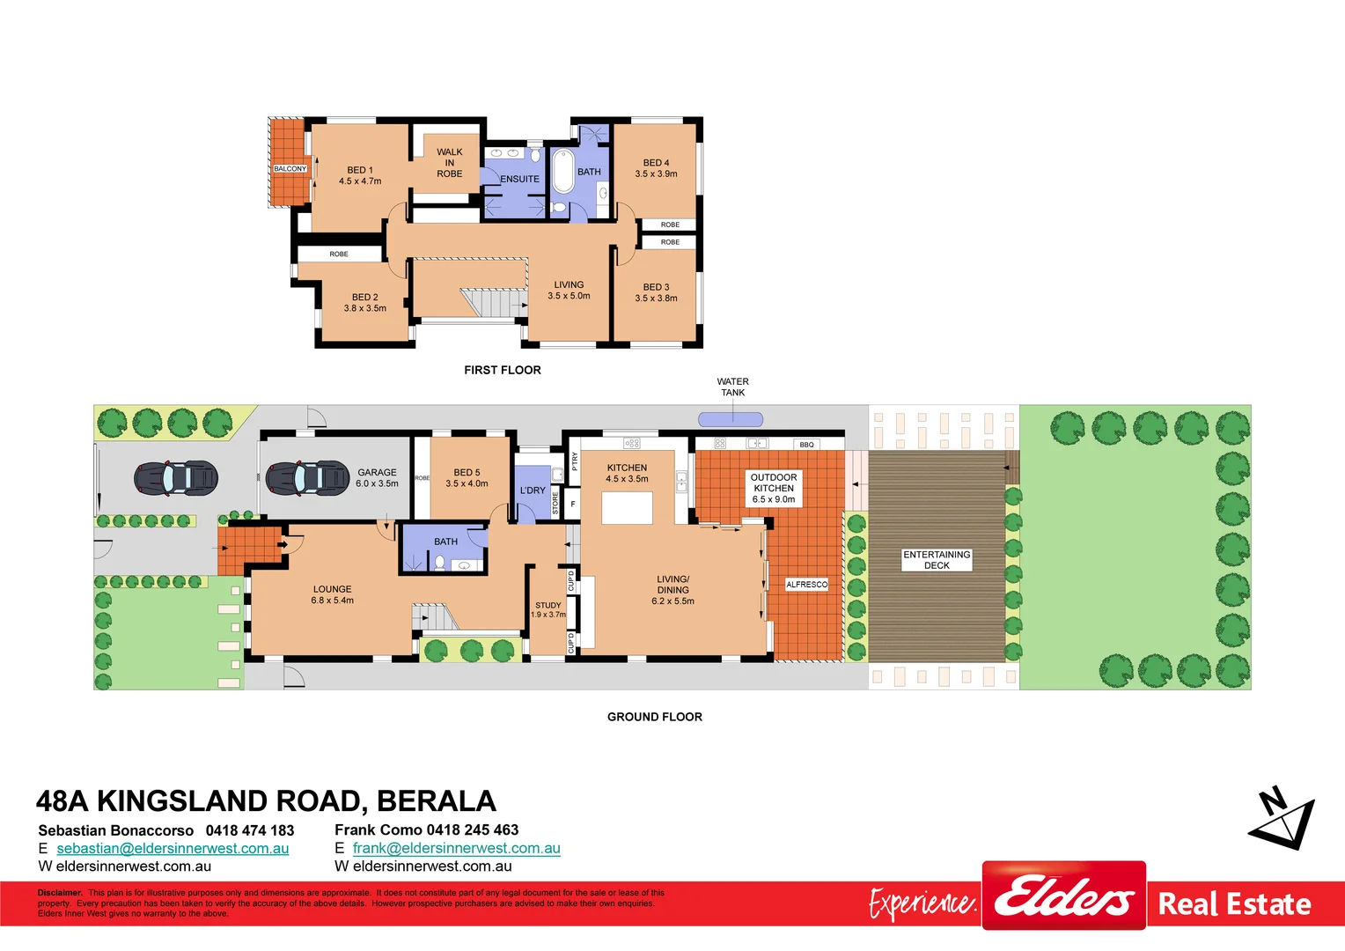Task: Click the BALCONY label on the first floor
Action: pyautogui.click(x=290, y=168)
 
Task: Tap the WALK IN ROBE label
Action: pyautogui.click(x=449, y=163)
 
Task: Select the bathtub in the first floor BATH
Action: pyautogui.click(x=562, y=171)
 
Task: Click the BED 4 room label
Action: pyautogui.click(x=656, y=163)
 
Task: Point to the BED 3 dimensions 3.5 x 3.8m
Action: pyautogui.click(x=656, y=299)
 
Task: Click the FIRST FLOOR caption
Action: pyautogui.click(x=502, y=370)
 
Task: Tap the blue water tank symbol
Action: pyautogui.click(x=731, y=419)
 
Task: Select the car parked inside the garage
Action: pyautogui.click(x=307, y=477)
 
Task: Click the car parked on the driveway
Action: pyautogui.click(x=175, y=478)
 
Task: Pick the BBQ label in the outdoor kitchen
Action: pyautogui.click(x=806, y=445)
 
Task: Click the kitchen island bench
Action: pyautogui.click(x=627, y=508)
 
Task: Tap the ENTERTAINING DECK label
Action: pyautogui.click(x=937, y=560)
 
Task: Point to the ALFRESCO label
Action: pyautogui.click(x=806, y=585)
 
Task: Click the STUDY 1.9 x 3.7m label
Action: pyautogui.click(x=548, y=609)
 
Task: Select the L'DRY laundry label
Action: pyautogui.click(x=533, y=490)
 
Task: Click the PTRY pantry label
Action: pyautogui.click(x=575, y=461)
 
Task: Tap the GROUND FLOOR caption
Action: pyautogui.click(x=654, y=717)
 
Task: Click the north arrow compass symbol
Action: pyautogui.click(x=1283, y=819)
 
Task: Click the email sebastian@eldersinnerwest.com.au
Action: pyautogui.click(x=173, y=848)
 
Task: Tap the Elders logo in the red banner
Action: pyautogui.click(x=1063, y=896)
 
